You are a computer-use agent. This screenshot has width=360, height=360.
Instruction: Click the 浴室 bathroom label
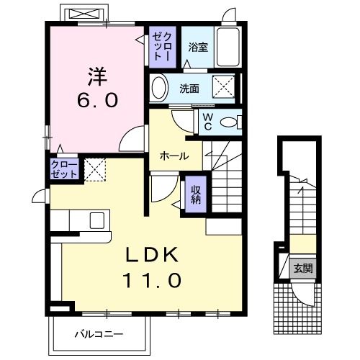[198, 48]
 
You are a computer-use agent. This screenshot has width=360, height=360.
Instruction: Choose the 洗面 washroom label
[189, 89]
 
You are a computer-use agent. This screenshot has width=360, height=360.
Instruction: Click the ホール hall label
[174, 156]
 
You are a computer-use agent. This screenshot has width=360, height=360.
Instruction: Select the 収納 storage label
[195, 194]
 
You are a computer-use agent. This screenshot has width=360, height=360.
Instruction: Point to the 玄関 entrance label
[303, 269]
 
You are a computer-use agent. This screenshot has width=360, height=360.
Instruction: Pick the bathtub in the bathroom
[228, 48]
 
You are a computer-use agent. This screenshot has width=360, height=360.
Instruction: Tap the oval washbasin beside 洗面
[160, 89]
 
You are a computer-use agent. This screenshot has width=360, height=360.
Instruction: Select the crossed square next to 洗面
[225, 89]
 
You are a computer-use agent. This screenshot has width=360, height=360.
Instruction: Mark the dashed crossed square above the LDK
[95, 171]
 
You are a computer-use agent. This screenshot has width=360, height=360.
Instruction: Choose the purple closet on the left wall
[60, 171]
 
